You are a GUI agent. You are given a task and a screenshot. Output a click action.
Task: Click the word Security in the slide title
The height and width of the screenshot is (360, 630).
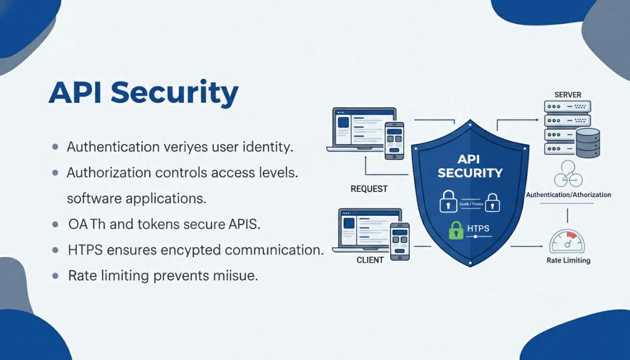(175, 93)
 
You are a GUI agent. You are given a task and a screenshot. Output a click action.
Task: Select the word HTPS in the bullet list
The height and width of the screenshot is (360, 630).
(85, 250)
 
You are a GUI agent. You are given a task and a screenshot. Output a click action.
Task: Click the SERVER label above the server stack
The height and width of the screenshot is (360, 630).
(567, 95)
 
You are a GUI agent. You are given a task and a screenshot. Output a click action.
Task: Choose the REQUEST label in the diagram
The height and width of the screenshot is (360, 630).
(369, 189)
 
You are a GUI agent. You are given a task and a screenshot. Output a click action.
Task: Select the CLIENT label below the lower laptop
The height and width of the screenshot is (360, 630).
(370, 260)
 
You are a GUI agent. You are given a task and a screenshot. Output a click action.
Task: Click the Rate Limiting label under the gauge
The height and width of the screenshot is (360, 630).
(568, 260)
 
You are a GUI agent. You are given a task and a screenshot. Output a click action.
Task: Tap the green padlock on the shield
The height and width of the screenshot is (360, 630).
(456, 229)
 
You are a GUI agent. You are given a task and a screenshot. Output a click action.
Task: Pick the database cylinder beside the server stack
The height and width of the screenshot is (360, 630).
(588, 142)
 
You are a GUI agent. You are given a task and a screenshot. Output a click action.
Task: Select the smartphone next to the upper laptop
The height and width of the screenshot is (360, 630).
(394, 141)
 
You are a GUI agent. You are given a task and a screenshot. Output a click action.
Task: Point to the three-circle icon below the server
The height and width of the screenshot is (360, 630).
(567, 174)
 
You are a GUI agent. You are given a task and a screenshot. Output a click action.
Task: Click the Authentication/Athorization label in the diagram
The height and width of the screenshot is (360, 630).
(568, 195)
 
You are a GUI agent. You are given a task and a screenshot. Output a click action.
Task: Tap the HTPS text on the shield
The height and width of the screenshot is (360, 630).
(478, 228)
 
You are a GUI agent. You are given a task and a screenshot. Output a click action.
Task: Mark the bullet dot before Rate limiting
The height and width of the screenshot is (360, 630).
(55, 276)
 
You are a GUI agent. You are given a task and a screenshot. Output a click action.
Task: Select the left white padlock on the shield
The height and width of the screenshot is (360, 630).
(448, 202)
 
